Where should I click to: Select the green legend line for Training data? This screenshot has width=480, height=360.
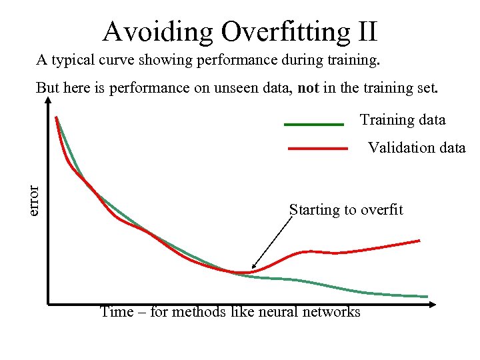click(x=313, y=124)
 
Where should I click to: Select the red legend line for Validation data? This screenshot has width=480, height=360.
click(x=317, y=149)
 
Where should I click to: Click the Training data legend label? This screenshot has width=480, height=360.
click(x=403, y=120)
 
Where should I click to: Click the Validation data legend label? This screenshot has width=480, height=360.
click(x=417, y=147)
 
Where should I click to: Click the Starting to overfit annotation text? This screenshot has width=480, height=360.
click(x=346, y=210)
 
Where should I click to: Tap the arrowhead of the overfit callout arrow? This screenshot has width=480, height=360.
click(x=254, y=267)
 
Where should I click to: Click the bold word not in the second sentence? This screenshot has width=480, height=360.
click(x=309, y=88)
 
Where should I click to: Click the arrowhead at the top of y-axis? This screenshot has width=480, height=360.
click(x=49, y=101)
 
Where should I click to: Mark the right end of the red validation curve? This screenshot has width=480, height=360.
click(x=419, y=240)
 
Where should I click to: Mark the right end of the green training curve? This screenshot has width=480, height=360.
click(x=427, y=296)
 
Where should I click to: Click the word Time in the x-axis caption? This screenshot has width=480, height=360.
click(x=116, y=312)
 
